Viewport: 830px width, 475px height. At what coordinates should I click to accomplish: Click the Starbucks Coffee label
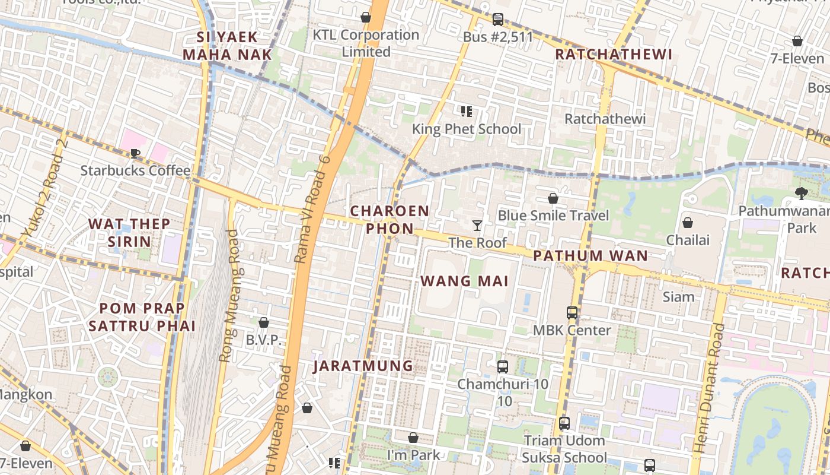[x=135, y=171]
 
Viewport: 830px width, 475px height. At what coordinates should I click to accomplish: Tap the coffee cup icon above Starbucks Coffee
[x=135, y=154]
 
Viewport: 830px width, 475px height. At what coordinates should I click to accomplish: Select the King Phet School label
[x=467, y=129]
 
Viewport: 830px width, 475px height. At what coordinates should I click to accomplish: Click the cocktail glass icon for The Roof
[x=477, y=225]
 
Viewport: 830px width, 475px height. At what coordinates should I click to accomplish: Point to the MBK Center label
[x=572, y=330]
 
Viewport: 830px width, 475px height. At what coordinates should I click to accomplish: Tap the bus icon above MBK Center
[x=572, y=312]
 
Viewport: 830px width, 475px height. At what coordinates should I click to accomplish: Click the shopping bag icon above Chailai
[x=688, y=223]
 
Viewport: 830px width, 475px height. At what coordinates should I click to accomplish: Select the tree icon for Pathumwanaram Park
[x=801, y=193]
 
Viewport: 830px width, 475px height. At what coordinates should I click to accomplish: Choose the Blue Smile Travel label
[x=553, y=215]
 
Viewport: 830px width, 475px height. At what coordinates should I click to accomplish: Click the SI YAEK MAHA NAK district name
[x=227, y=46]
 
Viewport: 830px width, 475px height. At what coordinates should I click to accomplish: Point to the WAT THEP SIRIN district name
[x=129, y=233]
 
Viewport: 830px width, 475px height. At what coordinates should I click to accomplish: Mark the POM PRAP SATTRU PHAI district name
[x=142, y=317]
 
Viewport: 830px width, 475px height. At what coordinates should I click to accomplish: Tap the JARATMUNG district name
[x=363, y=366]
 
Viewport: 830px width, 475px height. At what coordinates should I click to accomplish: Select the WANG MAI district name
[x=465, y=281]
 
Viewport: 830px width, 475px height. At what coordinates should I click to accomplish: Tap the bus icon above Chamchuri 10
[x=503, y=366]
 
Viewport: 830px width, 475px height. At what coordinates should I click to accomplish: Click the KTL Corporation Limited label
[x=366, y=43]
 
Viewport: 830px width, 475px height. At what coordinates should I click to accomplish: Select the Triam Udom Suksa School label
[x=564, y=449]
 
